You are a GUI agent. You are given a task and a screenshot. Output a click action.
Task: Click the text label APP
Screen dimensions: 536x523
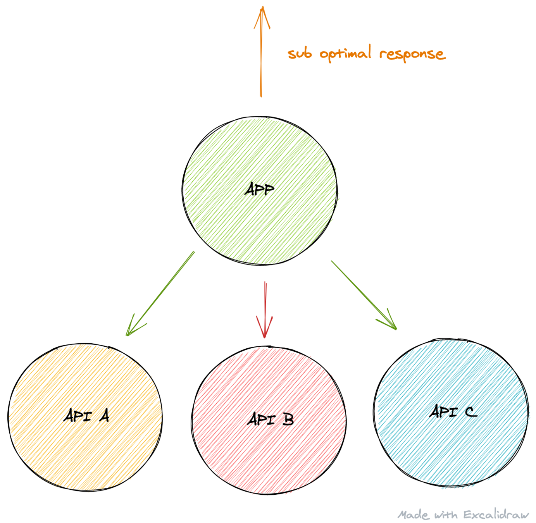260,189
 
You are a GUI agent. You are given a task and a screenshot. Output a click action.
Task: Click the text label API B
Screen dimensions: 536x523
271,419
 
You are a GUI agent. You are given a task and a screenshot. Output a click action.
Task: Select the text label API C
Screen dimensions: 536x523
453,411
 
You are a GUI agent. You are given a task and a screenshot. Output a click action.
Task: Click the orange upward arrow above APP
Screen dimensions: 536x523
261,58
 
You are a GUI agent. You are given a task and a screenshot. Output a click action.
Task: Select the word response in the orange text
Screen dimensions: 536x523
412,54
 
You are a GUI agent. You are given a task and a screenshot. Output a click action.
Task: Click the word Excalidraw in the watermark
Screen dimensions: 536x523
496,514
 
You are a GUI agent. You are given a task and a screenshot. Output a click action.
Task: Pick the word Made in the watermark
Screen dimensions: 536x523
414,515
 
